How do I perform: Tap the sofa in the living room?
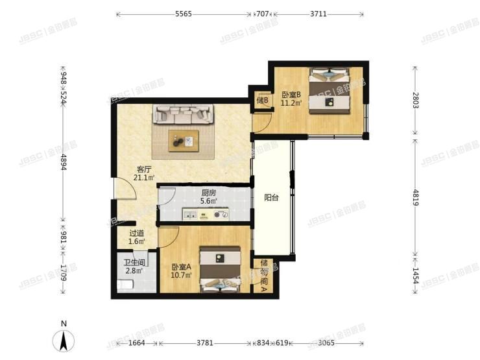click(x=183, y=115)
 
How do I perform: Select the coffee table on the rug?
click(x=184, y=140)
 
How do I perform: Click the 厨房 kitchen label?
click(x=208, y=193)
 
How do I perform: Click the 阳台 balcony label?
click(x=271, y=198)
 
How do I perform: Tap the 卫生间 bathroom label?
click(x=134, y=263)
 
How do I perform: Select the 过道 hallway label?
click(x=136, y=233)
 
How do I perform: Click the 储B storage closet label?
click(x=261, y=100)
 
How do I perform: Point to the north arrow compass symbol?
click(x=64, y=339)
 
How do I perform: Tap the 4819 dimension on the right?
click(x=415, y=195)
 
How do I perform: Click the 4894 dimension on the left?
click(x=63, y=162)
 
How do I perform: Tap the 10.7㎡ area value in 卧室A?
click(x=181, y=276)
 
